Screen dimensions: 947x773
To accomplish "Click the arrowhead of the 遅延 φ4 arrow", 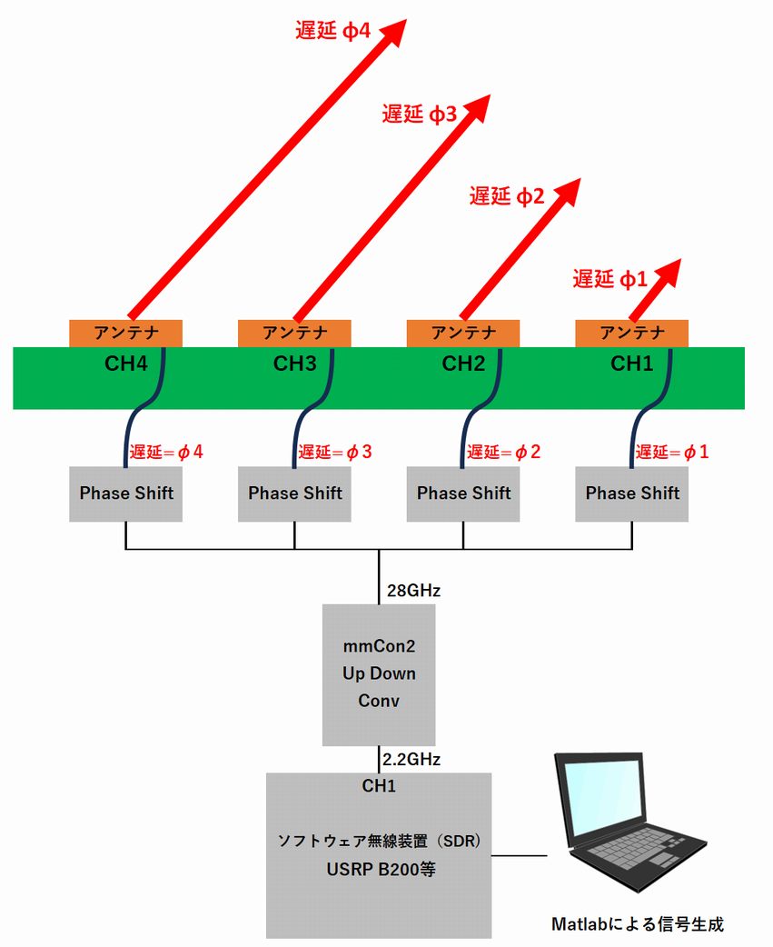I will (391, 34).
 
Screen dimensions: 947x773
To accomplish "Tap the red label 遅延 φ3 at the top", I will (419, 115).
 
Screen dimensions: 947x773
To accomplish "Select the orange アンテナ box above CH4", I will (125, 333).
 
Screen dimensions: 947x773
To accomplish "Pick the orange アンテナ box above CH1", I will (631, 333).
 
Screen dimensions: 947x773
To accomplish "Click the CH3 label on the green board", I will (295, 364).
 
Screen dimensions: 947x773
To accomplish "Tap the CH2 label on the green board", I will (464, 364).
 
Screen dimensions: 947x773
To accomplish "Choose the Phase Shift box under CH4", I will (125, 493).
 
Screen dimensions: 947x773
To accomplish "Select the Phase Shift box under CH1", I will (631, 493).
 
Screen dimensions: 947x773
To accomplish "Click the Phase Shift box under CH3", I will (294, 493).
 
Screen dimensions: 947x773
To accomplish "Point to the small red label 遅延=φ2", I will (503, 452).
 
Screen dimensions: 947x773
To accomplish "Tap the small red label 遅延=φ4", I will (166, 452).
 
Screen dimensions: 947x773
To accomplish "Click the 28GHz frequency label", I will (412, 591).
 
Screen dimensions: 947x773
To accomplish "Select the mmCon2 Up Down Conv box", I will (379, 674).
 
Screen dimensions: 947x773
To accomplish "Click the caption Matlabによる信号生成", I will (639, 924).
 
